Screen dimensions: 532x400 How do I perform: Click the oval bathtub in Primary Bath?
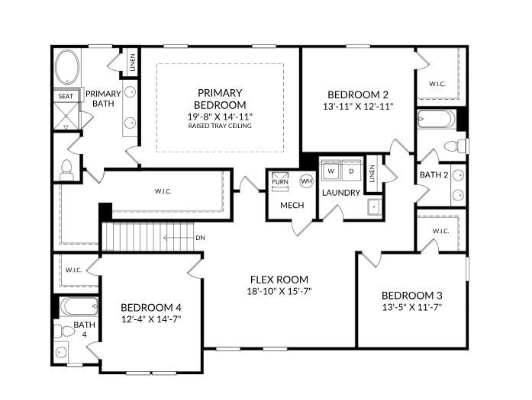click(x=67, y=67)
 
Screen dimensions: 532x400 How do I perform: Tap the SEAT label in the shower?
click(x=66, y=96)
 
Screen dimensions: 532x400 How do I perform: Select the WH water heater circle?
click(x=306, y=181)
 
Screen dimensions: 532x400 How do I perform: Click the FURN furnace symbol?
click(x=280, y=181)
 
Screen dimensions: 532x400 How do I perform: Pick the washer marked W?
click(x=331, y=171)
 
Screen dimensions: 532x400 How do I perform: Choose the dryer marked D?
click(x=351, y=171)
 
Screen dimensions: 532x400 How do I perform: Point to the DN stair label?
click(x=200, y=238)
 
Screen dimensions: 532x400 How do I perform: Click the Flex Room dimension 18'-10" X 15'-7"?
click(x=279, y=291)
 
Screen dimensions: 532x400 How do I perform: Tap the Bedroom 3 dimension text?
click(x=412, y=307)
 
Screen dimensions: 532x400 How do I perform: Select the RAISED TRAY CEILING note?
click(x=220, y=126)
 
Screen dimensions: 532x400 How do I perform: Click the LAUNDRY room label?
click(x=341, y=193)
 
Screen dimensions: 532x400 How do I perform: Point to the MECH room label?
click(x=292, y=205)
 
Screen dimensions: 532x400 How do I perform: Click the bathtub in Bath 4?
click(x=79, y=306)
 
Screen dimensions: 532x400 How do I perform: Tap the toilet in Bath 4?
click(x=64, y=331)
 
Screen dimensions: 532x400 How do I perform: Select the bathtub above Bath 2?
click(x=437, y=119)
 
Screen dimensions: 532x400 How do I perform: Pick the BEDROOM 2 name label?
click(x=358, y=94)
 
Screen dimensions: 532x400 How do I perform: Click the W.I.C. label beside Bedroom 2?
click(x=437, y=84)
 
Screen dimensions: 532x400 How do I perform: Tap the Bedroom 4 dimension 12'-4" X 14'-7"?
click(x=151, y=319)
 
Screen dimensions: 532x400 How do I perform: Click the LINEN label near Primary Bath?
click(x=133, y=62)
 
